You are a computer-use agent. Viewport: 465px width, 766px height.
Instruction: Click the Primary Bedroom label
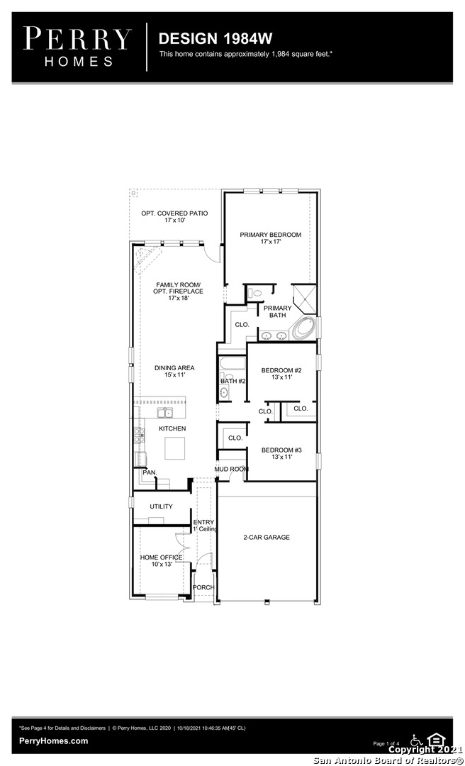pyautogui.click(x=270, y=238)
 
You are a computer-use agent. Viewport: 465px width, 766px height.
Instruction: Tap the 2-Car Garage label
pyautogui.click(x=267, y=538)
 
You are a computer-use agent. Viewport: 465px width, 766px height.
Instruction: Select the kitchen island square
pyautogui.click(x=174, y=448)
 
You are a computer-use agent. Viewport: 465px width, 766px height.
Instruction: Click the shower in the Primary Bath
pyautogui.click(x=304, y=299)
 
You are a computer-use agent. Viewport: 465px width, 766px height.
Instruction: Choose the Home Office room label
pyautogui.click(x=162, y=560)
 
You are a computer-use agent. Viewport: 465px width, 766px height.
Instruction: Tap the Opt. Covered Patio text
pyautogui.click(x=174, y=217)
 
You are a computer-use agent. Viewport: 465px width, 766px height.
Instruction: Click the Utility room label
pyautogui.click(x=161, y=506)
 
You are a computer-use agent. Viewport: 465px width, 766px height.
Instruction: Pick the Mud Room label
pyautogui.click(x=232, y=470)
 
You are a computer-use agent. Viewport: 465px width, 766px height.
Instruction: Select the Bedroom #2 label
pyautogui.click(x=281, y=374)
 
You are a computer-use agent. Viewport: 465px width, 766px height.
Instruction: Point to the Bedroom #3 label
pyautogui.click(x=281, y=453)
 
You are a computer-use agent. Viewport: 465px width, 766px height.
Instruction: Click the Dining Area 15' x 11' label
pyautogui.click(x=174, y=371)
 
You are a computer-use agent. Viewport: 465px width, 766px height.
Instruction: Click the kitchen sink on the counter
pyautogui.click(x=164, y=413)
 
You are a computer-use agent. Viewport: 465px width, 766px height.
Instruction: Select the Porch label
pyautogui.click(x=203, y=587)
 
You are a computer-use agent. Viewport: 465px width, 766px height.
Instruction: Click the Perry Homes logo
pyautogui.click(x=77, y=47)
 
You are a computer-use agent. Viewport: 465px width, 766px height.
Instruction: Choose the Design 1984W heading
pyautogui.click(x=215, y=38)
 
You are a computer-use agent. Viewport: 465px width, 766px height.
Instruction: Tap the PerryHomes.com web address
pyautogui.click(x=54, y=740)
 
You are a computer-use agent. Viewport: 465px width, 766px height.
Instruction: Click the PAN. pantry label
pyautogui.click(x=150, y=472)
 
